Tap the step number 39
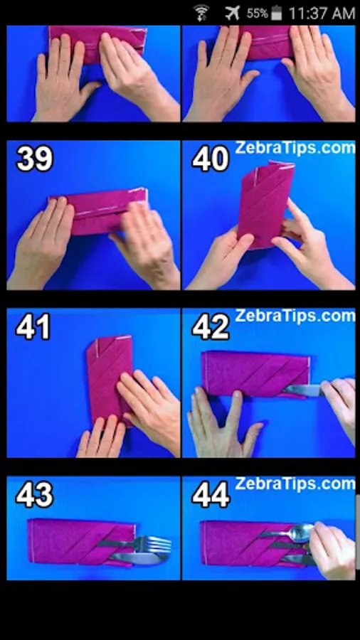pyautogui.click(x=35, y=159)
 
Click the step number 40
pyautogui.click(x=211, y=159)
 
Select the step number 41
pyautogui.click(x=33, y=326)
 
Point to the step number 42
pyautogui.click(x=211, y=327)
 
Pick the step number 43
pyautogui.click(x=35, y=495)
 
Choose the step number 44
pyautogui.click(x=211, y=495)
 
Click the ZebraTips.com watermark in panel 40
pyautogui.click(x=295, y=147)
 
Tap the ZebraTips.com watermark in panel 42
pyautogui.click(x=295, y=316)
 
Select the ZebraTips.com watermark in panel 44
pyautogui.click(x=295, y=484)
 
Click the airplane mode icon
pyautogui.click(x=232, y=13)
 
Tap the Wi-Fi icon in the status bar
pyautogui.click(x=201, y=13)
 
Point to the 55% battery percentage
pyautogui.click(x=257, y=14)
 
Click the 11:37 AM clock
pyautogui.click(x=322, y=14)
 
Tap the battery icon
pyautogui.click(x=277, y=13)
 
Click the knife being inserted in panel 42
pyautogui.click(x=305, y=390)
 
